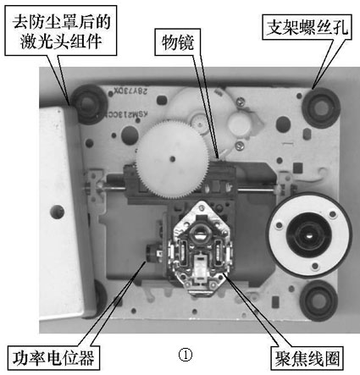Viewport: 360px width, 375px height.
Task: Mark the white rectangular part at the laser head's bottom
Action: tap(199, 269)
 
